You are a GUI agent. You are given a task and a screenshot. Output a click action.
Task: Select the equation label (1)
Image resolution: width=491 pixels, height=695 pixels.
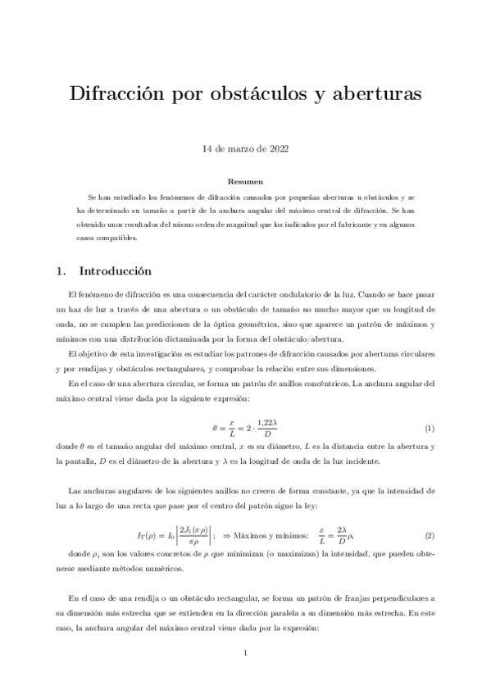click(429, 429)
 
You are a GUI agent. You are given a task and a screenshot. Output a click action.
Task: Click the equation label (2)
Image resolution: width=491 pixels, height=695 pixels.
click(429, 535)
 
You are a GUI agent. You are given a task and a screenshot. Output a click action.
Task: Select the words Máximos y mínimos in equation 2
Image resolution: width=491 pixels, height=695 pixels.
click(266, 535)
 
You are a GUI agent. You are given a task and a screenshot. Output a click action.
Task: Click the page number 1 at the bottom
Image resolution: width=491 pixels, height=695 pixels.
click(245, 652)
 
